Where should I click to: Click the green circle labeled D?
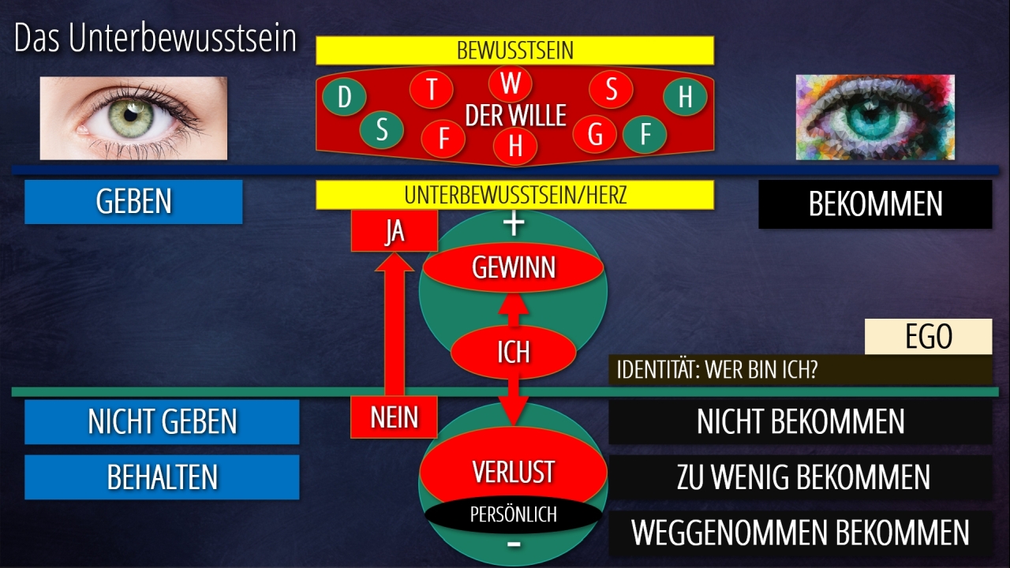345,98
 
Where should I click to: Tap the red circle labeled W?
511,84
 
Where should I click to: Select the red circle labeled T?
432,90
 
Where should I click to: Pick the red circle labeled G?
595,135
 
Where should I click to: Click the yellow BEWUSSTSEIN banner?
514,51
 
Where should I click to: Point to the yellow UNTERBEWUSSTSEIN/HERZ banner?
514,195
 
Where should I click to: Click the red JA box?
394,232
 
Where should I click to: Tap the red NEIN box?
394,416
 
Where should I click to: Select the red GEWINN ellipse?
513,268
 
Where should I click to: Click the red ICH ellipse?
513,352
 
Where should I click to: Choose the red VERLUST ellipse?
513,472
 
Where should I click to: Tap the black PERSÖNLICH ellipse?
513,515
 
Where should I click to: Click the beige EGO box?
928,337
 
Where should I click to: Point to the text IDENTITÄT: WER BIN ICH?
716,370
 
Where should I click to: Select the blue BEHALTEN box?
162,477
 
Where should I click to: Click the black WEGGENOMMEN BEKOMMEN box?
800,532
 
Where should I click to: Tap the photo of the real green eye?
133,118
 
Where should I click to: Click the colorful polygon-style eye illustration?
874,118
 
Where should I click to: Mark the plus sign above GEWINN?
514,224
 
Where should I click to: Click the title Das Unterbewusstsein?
155,39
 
